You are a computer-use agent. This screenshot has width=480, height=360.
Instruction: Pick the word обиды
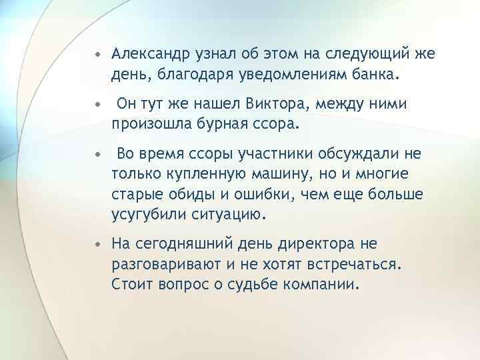tap(187, 194)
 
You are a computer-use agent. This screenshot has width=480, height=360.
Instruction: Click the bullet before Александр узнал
tap(98, 53)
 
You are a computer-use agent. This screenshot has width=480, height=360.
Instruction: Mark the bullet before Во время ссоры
tap(98, 155)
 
